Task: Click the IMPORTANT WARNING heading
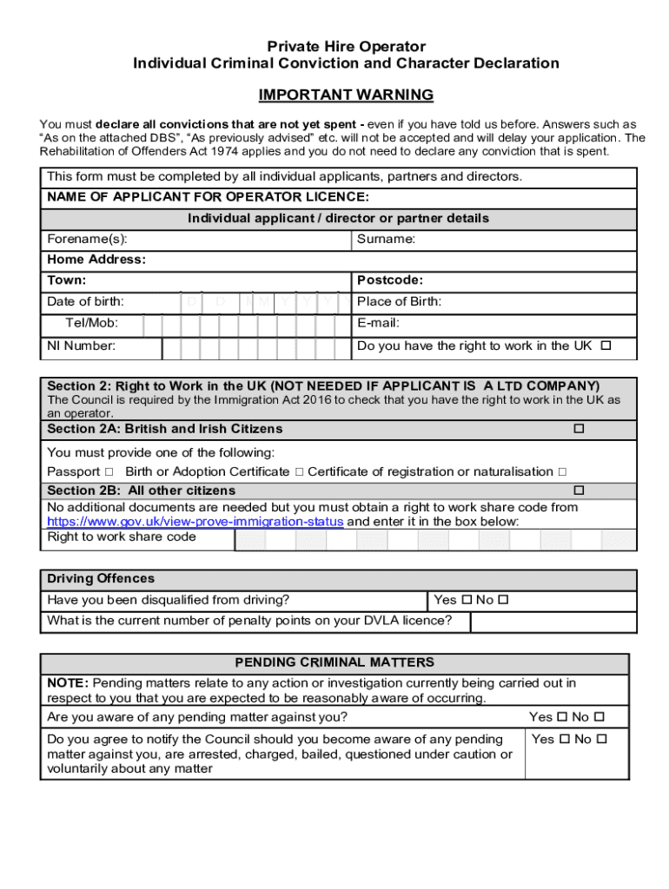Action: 346,95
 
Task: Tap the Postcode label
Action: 390,280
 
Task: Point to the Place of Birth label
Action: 400,302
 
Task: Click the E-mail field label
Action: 379,323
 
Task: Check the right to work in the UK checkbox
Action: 606,346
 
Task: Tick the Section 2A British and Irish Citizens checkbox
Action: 578,429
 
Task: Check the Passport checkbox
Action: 109,471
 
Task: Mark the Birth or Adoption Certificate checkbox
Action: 298,471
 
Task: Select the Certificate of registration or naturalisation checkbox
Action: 562,471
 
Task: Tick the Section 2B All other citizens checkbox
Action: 578,491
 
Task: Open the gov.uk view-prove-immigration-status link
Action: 195,522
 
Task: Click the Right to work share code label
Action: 122,537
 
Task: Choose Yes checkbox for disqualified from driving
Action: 467,600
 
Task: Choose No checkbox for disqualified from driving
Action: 502,600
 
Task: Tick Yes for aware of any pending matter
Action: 562,717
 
